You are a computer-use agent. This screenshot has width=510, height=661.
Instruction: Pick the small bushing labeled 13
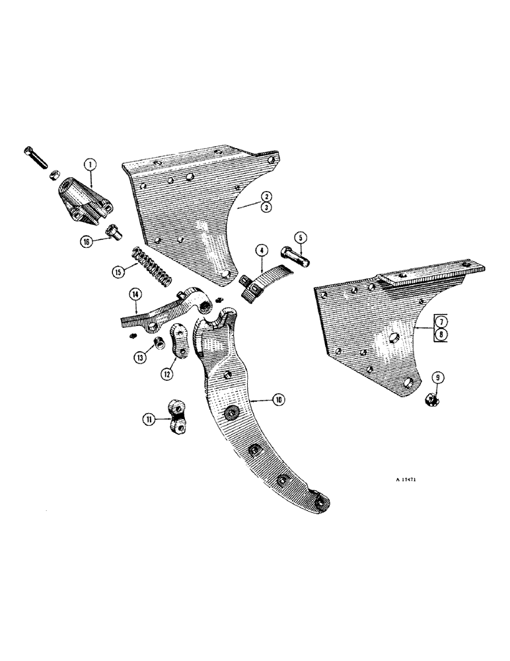pyautogui.click(x=159, y=342)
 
